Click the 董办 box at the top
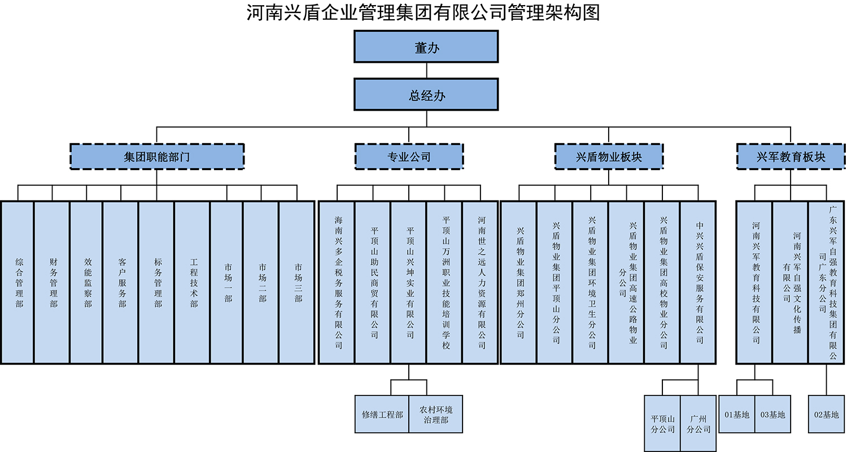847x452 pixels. (x=426, y=46)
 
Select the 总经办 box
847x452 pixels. (x=426, y=94)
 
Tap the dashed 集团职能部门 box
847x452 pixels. (x=157, y=156)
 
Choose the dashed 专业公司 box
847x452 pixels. (x=409, y=156)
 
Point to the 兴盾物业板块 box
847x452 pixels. (x=609, y=156)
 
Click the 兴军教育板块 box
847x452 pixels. (x=791, y=156)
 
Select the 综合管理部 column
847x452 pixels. (x=18, y=282)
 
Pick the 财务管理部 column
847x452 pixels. (x=52, y=282)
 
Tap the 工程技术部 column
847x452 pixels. (x=193, y=282)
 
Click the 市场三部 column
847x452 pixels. (x=297, y=282)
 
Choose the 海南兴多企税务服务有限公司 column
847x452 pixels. (x=337, y=282)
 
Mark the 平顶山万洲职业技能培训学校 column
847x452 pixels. (x=445, y=282)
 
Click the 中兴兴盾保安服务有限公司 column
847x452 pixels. (x=698, y=282)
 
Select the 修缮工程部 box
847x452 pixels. (x=382, y=414)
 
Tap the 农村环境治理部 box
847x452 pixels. (x=436, y=414)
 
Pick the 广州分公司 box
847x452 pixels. (x=698, y=424)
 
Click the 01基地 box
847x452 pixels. (x=736, y=414)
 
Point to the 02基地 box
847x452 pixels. (x=827, y=414)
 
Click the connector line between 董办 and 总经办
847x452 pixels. (x=426, y=71)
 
